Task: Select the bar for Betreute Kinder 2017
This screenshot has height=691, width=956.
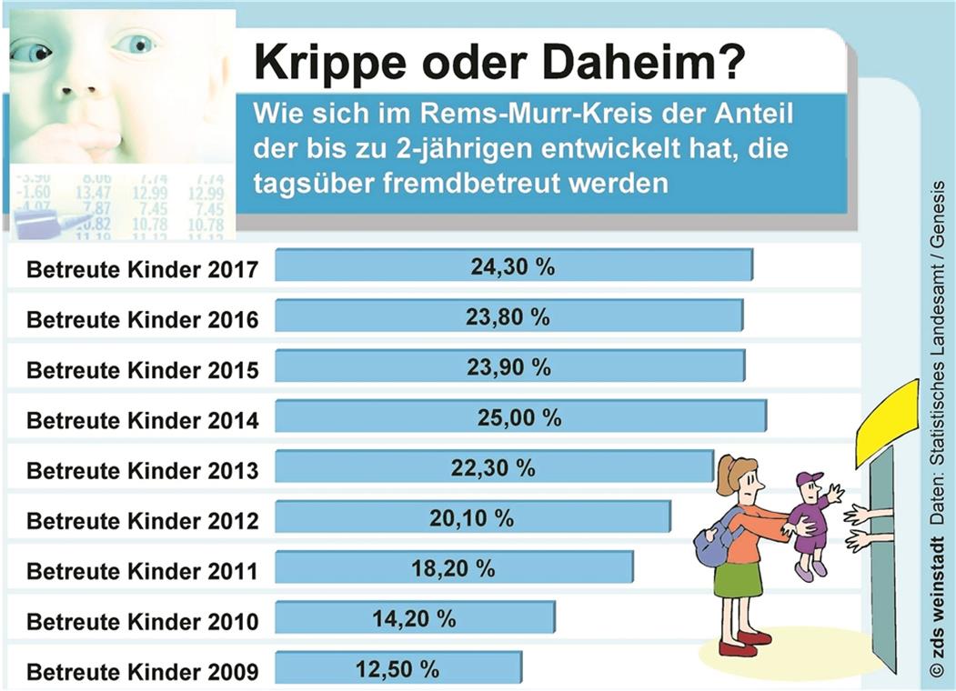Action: click(x=513, y=266)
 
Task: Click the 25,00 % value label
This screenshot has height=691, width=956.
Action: click(x=519, y=418)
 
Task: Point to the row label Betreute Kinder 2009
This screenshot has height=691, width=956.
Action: click(x=143, y=673)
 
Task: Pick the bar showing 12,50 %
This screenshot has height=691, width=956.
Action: click(x=398, y=670)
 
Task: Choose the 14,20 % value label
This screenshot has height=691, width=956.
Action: click(x=414, y=619)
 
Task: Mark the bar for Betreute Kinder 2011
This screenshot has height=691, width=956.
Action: click(x=453, y=569)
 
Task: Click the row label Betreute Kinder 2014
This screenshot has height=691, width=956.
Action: click(x=143, y=421)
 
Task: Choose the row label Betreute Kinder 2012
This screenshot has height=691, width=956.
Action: click(x=143, y=521)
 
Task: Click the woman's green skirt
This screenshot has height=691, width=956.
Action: click(x=738, y=579)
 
